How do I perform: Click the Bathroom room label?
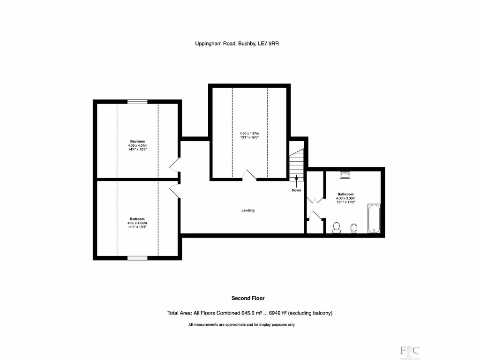coord(345,194)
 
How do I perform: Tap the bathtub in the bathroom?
coord(374,218)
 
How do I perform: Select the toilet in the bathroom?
coord(336,227)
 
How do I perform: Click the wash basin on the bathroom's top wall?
coord(345,175)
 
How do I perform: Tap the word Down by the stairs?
coord(296,190)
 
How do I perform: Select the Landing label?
coord(248,210)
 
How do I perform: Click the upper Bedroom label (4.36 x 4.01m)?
coord(137,141)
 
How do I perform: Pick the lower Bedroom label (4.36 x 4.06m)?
coord(137,219)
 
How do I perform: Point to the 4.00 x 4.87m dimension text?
coord(249,134)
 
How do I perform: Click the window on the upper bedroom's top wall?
coord(137,101)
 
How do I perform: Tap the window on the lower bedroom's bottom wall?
coord(137,257)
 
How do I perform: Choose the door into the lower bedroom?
coord(174,190)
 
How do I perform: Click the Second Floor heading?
coord(248,298)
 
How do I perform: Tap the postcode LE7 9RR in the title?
coord(276,44)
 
